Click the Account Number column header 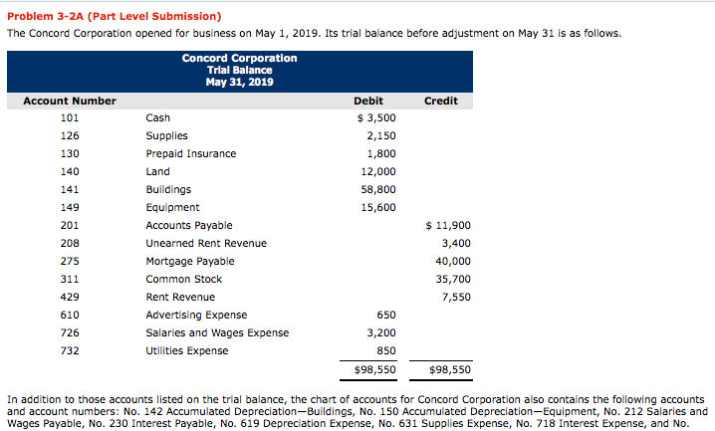[x=70, y=101]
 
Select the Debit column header [x=368, y=101]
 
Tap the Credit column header [x=440, y=101]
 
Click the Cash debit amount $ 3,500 [x=376, y=117]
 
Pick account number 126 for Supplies [x=70, y=135]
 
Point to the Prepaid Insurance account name [x=191, y=153]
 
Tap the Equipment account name [x=172, y=207]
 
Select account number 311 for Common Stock [x=70, y=279]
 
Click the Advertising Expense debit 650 [x=386, y=315]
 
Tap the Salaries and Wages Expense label [x=217, y=332]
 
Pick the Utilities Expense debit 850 [x=386, y=350]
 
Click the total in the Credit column [x=450, y=369]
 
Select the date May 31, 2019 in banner [x=239, y=81]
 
